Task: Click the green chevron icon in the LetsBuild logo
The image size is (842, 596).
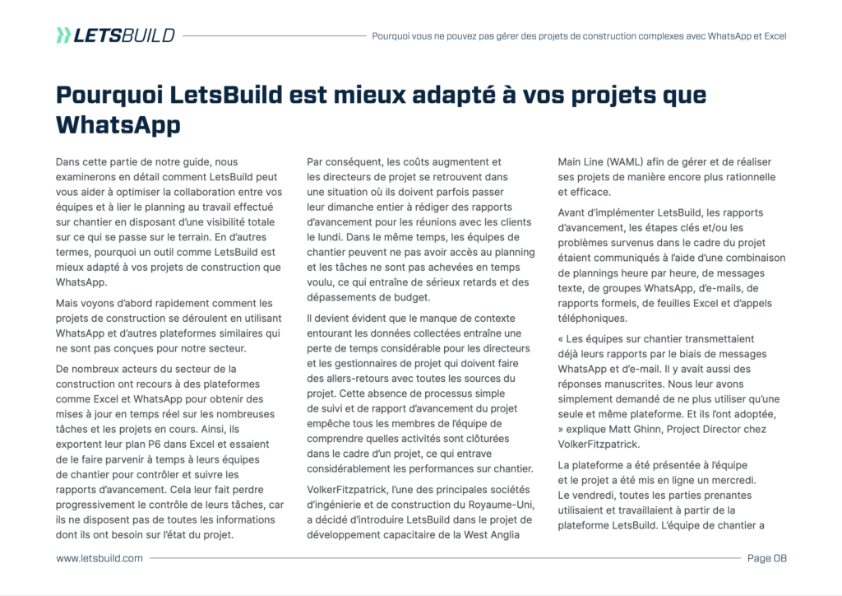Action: pos(63,35)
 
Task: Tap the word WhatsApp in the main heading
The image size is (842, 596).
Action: pos(118,124)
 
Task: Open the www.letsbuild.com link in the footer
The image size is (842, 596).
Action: pos(99,558)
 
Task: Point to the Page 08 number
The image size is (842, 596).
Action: pos(766,558)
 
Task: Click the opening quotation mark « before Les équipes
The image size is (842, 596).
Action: pos(562,339)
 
